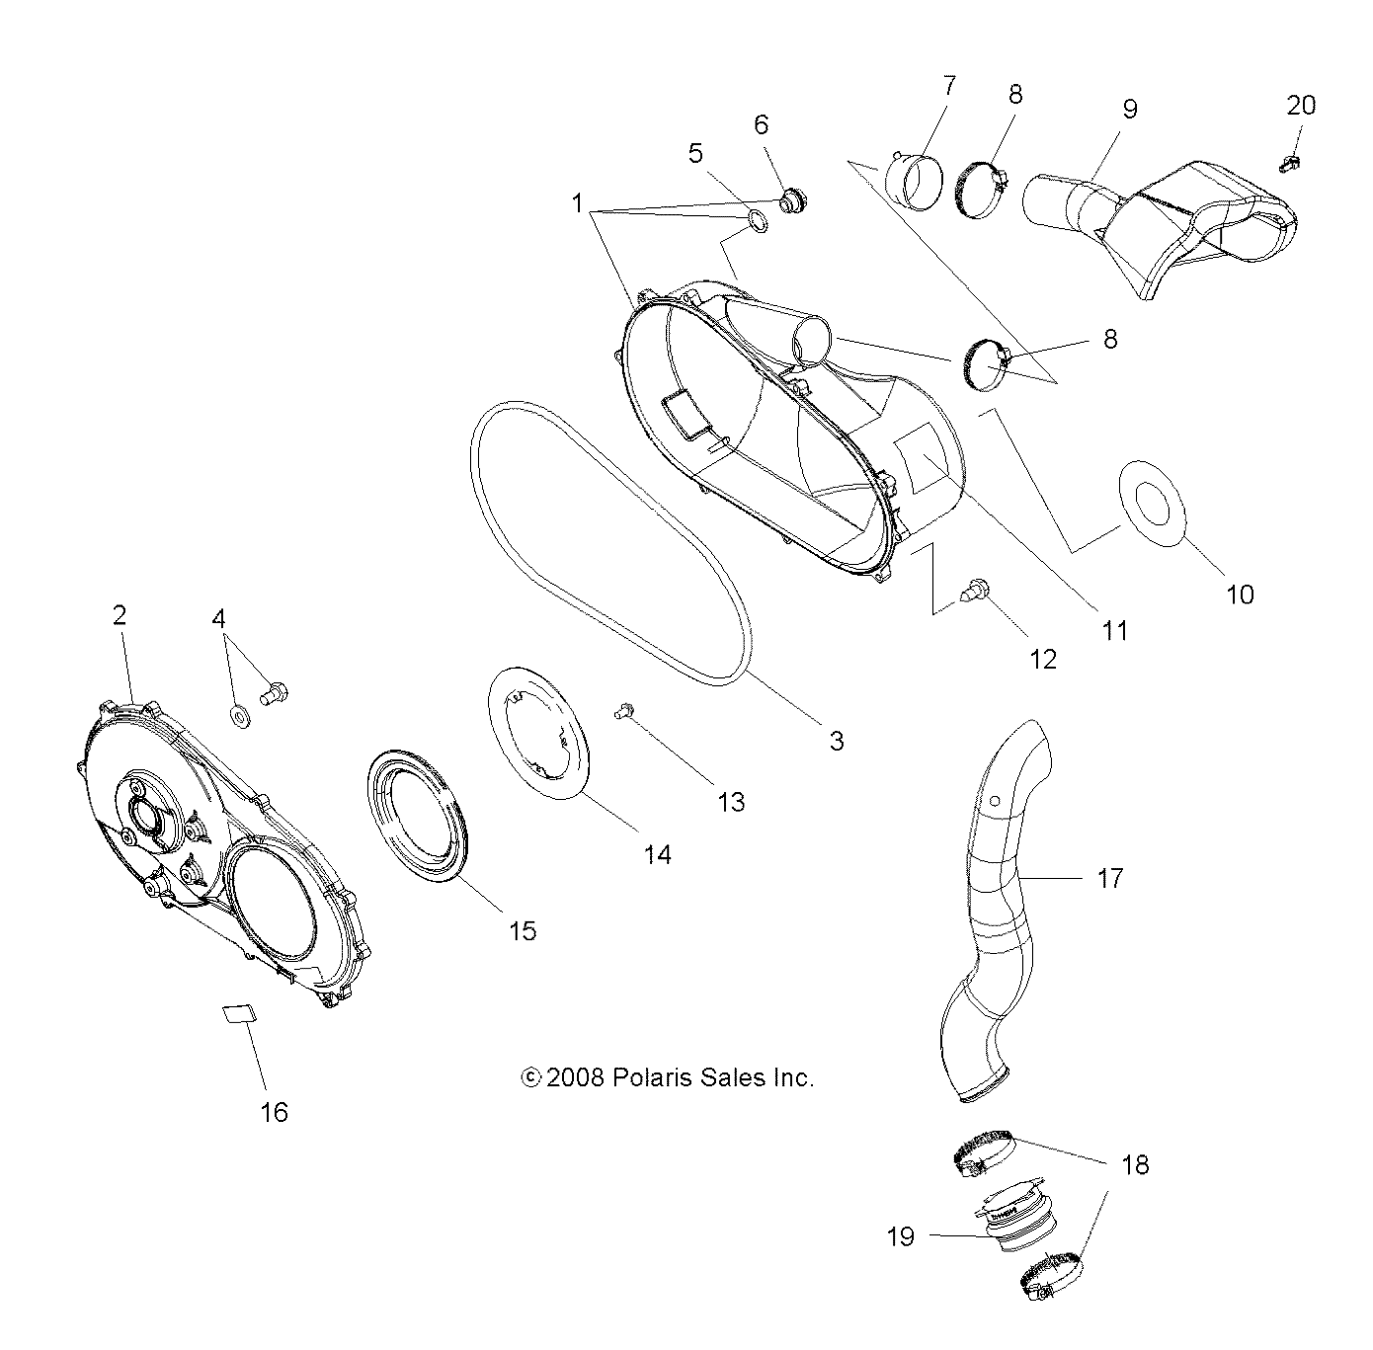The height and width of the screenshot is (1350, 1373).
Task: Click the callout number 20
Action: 1301,105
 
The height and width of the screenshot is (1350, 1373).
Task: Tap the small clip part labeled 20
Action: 1289,165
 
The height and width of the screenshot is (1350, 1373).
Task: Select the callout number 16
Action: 274,1112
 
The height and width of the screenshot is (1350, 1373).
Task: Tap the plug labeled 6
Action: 792,202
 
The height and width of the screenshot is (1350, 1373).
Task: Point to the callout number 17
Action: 1110,877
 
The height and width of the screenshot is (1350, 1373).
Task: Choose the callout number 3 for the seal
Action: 836,741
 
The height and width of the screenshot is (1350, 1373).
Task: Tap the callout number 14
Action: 657,855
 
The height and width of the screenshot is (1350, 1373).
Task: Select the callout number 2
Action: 120,615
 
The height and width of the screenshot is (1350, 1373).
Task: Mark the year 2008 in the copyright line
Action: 576,1077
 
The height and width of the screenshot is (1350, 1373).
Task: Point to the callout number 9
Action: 1129,109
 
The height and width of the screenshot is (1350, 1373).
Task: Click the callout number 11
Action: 1114,630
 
